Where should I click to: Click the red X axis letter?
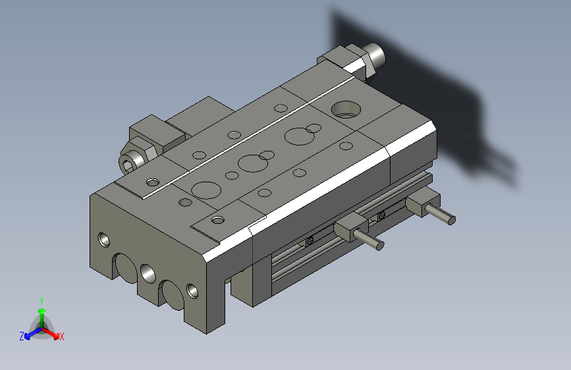pos(61,336)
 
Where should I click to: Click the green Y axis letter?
pos(41,300)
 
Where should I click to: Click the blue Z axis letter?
pos(22,336)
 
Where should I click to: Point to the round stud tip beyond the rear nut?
pos(376,53)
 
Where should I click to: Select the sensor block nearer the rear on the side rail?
pos(421,201)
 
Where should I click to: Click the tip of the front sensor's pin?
pos(379,246)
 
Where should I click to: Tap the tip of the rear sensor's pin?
pos(451,219)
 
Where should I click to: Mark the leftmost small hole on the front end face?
pos(103,239)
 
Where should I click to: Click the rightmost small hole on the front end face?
pos(192,290)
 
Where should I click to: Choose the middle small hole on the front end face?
pos(146,271)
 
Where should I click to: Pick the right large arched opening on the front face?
pos(171,294)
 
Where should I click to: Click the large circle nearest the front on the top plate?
pos(205,190)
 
